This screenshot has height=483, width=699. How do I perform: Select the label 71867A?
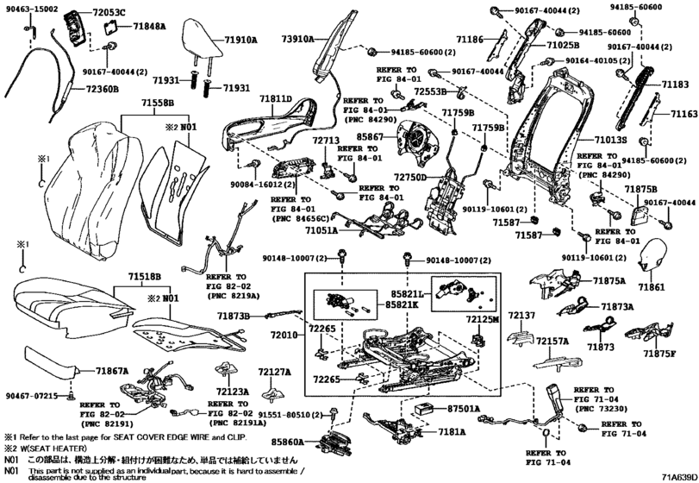[x=109, y=370]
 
